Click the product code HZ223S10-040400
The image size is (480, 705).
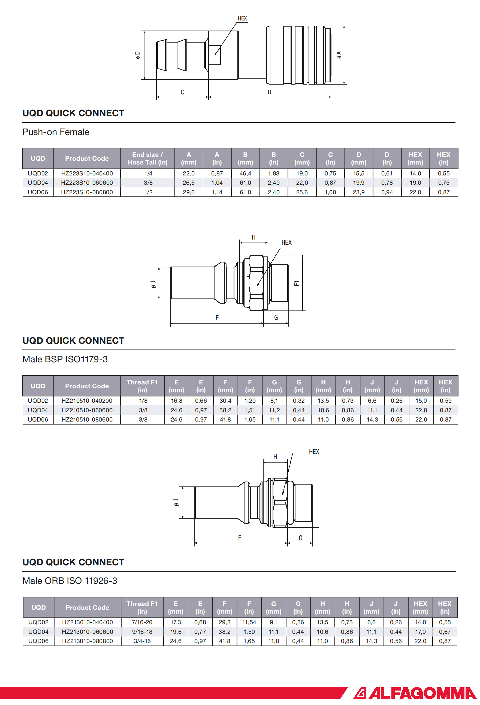pos(87,174)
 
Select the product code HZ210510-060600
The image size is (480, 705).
pos(87,410)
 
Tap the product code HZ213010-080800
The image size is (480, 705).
pos(87,641)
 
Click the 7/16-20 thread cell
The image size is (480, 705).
pos(142,622)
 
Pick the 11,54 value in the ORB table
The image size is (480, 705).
pos(249,622)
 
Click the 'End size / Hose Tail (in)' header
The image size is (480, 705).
pos(147,158)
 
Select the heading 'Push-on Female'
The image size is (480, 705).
pos(56,132)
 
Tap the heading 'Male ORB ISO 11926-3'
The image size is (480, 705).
pos(70,581)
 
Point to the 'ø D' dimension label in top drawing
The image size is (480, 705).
pos(138,55)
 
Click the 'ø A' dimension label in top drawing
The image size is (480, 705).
pos(339,55)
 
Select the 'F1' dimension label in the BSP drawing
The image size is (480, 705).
pos(297,283)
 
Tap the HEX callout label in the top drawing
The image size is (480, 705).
pos(242,19)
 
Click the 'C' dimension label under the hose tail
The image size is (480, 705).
pos(182,92)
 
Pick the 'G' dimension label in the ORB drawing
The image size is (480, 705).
pos(300,538)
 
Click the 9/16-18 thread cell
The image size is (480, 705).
pos(142,632)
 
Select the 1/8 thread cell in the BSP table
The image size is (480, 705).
pos(143,401)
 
